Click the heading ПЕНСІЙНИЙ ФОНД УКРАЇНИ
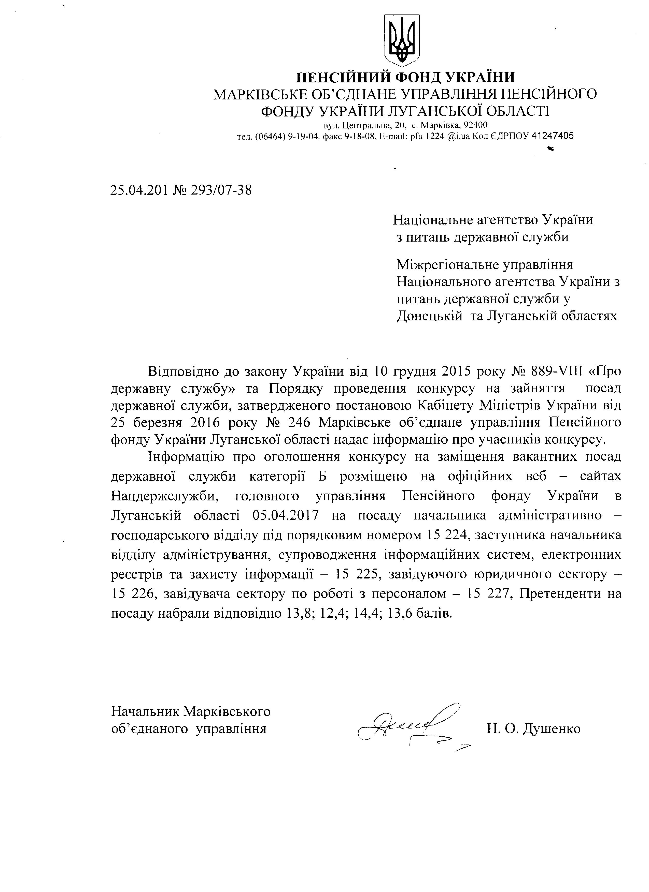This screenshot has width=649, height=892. click(x=405, y=76)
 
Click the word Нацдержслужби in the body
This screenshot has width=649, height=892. click(x=164, y=496)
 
